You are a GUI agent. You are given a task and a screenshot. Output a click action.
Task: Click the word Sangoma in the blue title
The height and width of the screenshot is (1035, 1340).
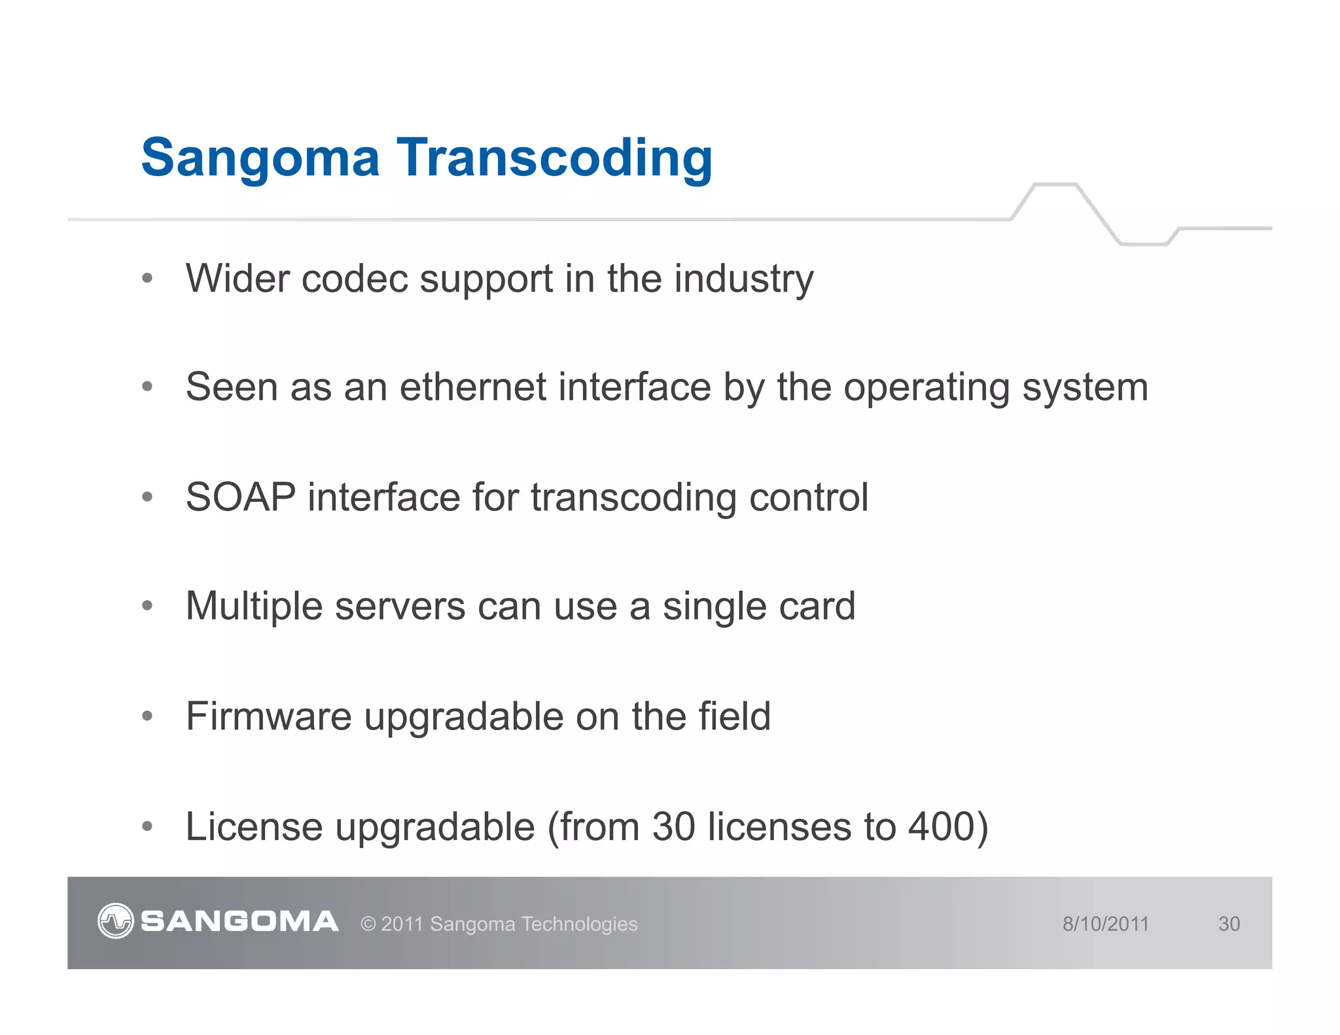click(260, 159)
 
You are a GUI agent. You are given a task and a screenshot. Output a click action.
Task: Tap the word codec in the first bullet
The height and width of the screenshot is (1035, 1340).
click(354, 279)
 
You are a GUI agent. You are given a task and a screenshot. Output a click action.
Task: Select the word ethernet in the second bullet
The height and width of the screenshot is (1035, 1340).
click(473, 387)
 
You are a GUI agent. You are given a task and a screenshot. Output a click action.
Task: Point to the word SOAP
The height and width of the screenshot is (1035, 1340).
click(240, 497)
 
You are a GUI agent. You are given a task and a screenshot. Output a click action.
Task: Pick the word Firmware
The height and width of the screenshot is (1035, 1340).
click(268, 716)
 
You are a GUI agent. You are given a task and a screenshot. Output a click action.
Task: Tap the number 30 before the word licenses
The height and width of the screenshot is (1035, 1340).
click(673, 826)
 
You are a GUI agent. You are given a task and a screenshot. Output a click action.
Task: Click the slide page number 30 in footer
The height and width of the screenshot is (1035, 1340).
click(1229, 924)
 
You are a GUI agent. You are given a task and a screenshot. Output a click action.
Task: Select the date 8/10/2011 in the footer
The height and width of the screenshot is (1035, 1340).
click(1105, 924)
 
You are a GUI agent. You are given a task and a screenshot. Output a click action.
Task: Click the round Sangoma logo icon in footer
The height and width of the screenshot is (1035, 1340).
click(116, 921)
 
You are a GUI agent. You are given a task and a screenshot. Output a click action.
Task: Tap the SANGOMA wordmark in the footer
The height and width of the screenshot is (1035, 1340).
click(239, 921)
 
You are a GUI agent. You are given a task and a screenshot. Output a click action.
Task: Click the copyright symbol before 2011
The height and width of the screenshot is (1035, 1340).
click(368, 924)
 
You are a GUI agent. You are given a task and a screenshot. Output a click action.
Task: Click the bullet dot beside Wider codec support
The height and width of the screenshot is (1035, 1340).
click(147, 279)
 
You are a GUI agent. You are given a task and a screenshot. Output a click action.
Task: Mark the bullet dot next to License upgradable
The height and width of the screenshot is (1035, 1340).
click(147, 826)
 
